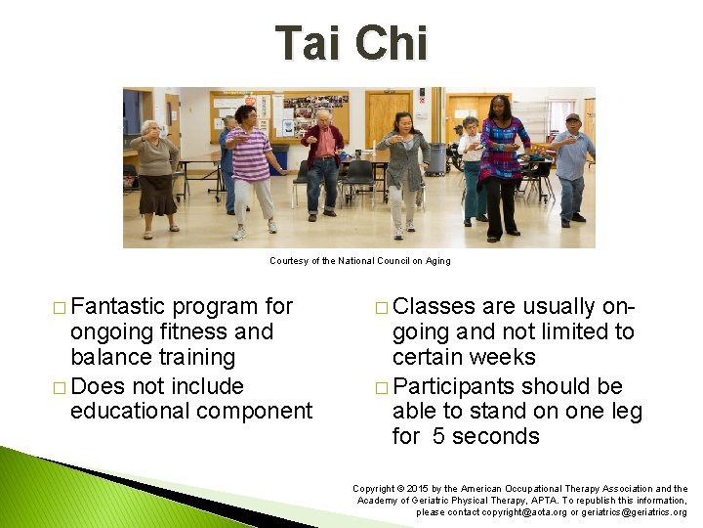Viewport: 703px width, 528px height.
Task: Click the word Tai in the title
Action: pyautogui.click(x=308, y=44)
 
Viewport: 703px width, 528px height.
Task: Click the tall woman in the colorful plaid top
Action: pyautogui.click(x=503, y=161)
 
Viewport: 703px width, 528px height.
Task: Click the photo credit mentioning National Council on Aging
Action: pyautogui.click(x=360, y=261)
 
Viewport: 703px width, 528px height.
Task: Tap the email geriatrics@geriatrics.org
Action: pyautogui.click(x=630, y=512)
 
